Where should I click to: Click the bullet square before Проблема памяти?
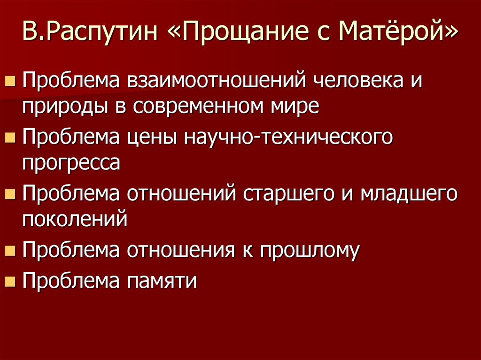(9, 281)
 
